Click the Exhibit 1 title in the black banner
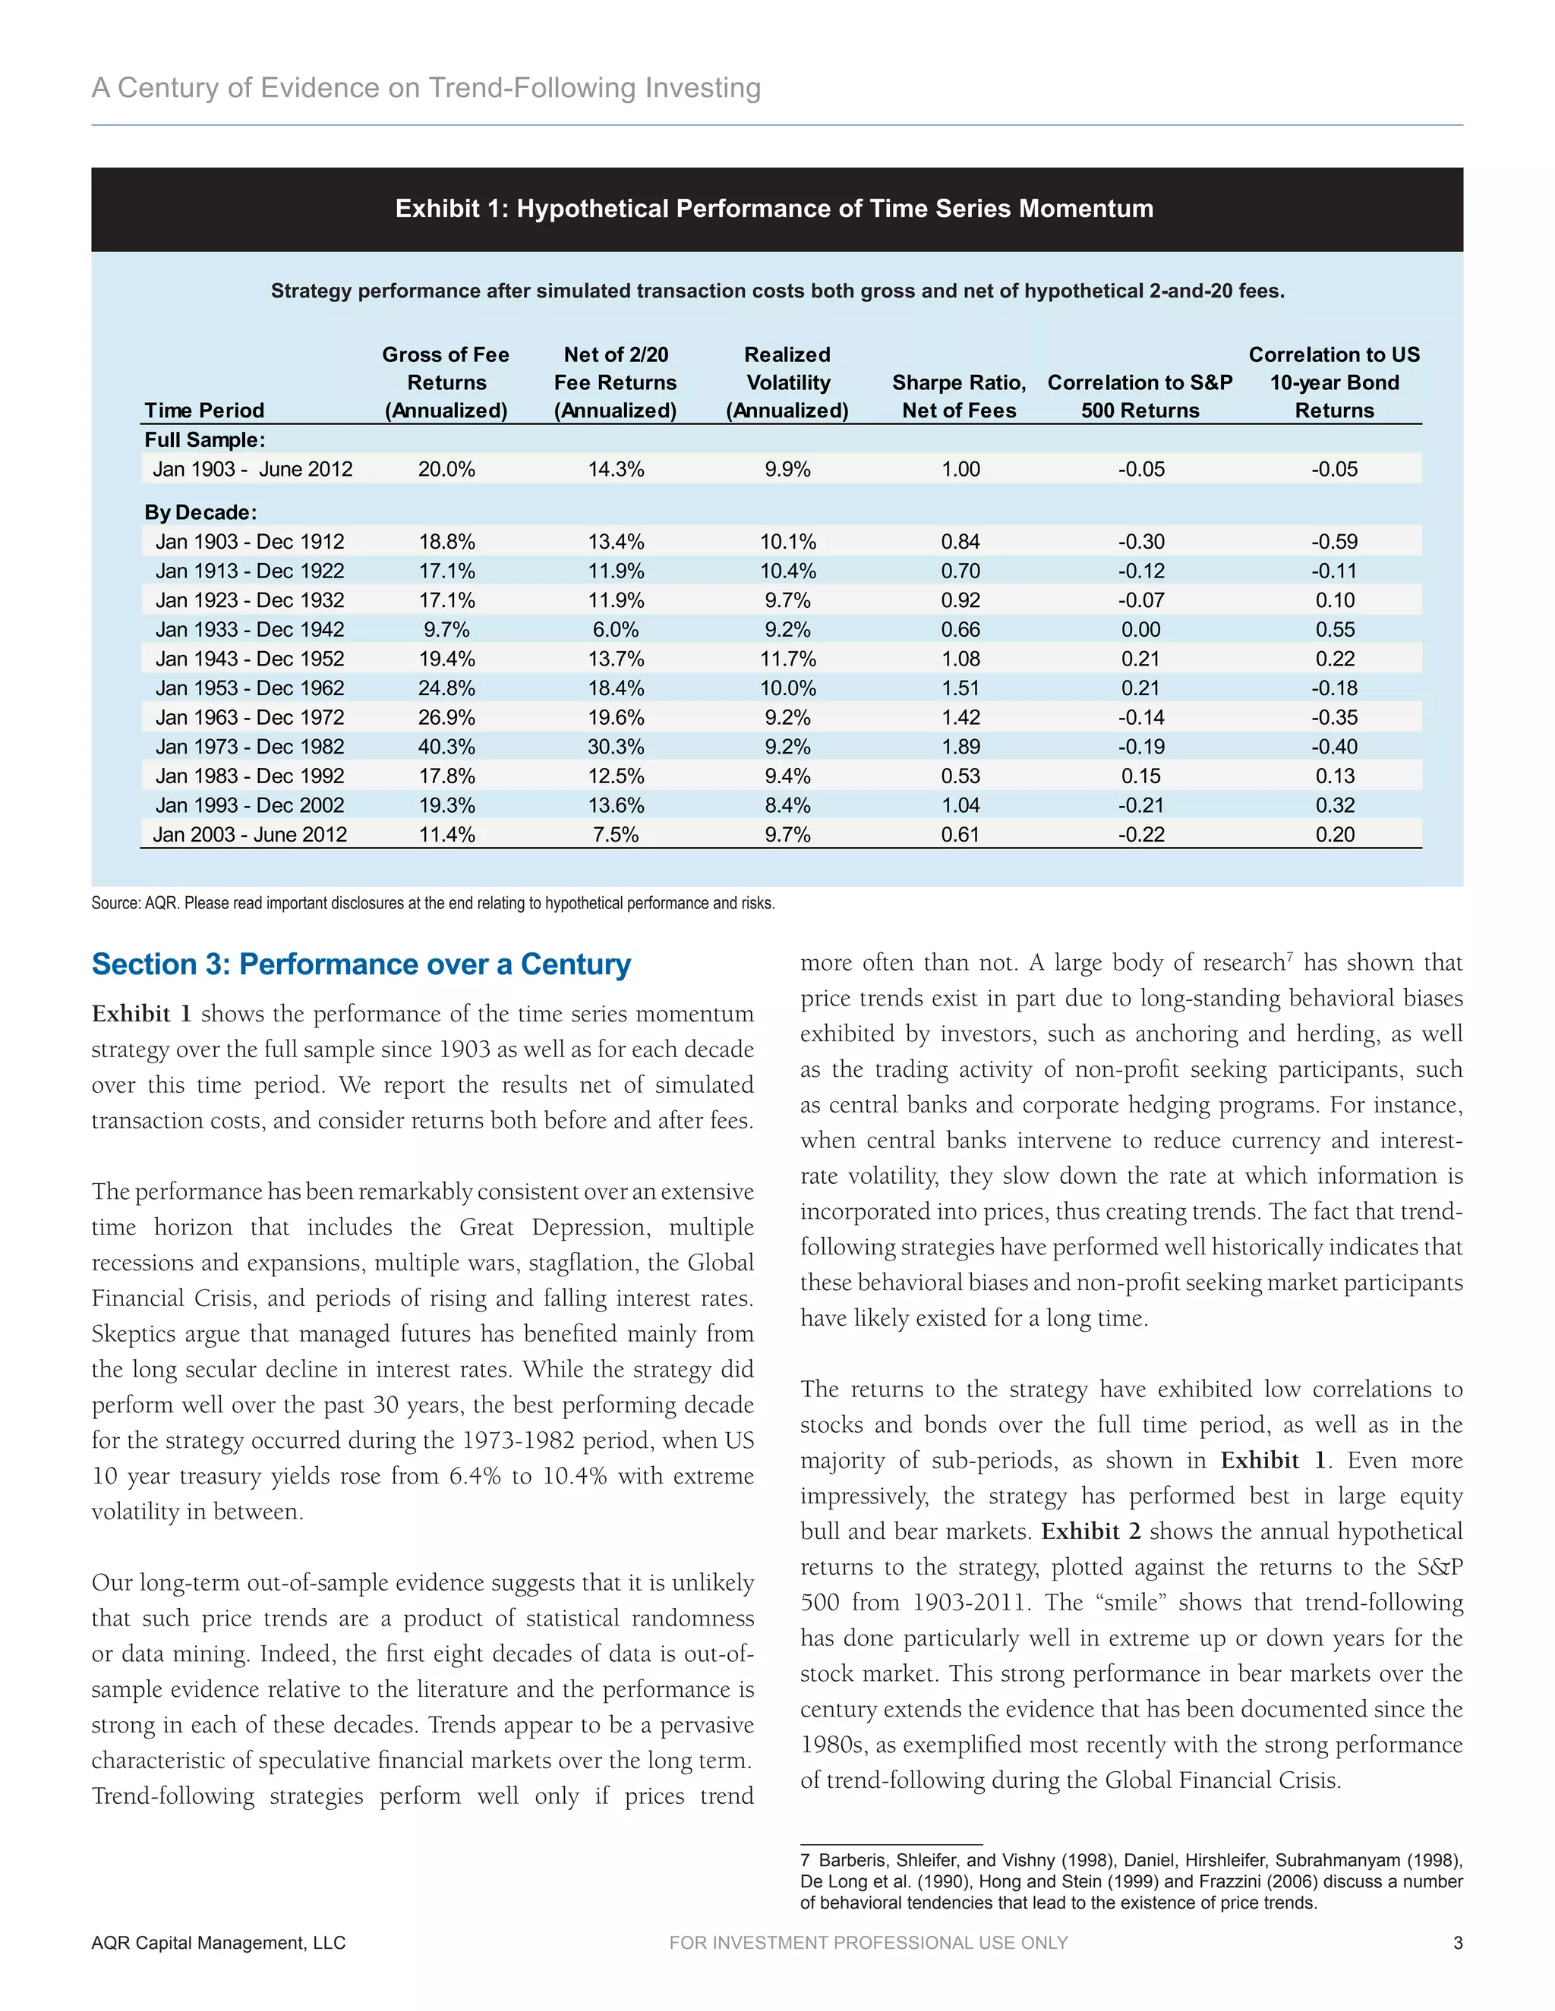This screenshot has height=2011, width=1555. tap(774, 209)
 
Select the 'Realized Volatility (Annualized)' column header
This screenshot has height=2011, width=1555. tap(787, 382)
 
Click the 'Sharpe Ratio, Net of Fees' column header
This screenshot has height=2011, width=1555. tap(959, 396)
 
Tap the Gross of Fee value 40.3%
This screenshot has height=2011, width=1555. tap(446, 747)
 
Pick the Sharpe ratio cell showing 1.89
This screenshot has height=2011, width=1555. tap(960, 747)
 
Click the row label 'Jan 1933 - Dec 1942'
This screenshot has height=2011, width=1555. tap(250, 630)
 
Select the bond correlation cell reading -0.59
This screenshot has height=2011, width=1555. tap(1334, 541)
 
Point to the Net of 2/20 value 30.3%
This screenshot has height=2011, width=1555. tap(615, 747)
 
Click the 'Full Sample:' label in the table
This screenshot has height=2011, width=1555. tap(204, 440)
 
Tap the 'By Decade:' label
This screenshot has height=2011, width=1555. tap(200, 512)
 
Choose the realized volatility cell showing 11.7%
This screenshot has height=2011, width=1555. tap(787, 659)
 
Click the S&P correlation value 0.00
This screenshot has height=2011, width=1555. tap(1140, 630)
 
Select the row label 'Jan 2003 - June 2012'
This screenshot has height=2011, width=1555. tap(250, 836)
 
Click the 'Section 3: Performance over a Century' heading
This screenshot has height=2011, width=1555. tap(361, 964)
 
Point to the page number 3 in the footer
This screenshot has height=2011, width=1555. tap(1457, 1943)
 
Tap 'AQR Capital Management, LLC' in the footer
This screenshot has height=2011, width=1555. tap(219, 1943)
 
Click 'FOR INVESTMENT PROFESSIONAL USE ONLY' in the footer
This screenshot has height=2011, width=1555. tap(868, 1943)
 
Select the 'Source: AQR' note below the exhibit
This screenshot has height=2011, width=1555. tap(433, 903)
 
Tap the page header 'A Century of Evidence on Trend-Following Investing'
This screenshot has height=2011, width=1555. tap(426, 88)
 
